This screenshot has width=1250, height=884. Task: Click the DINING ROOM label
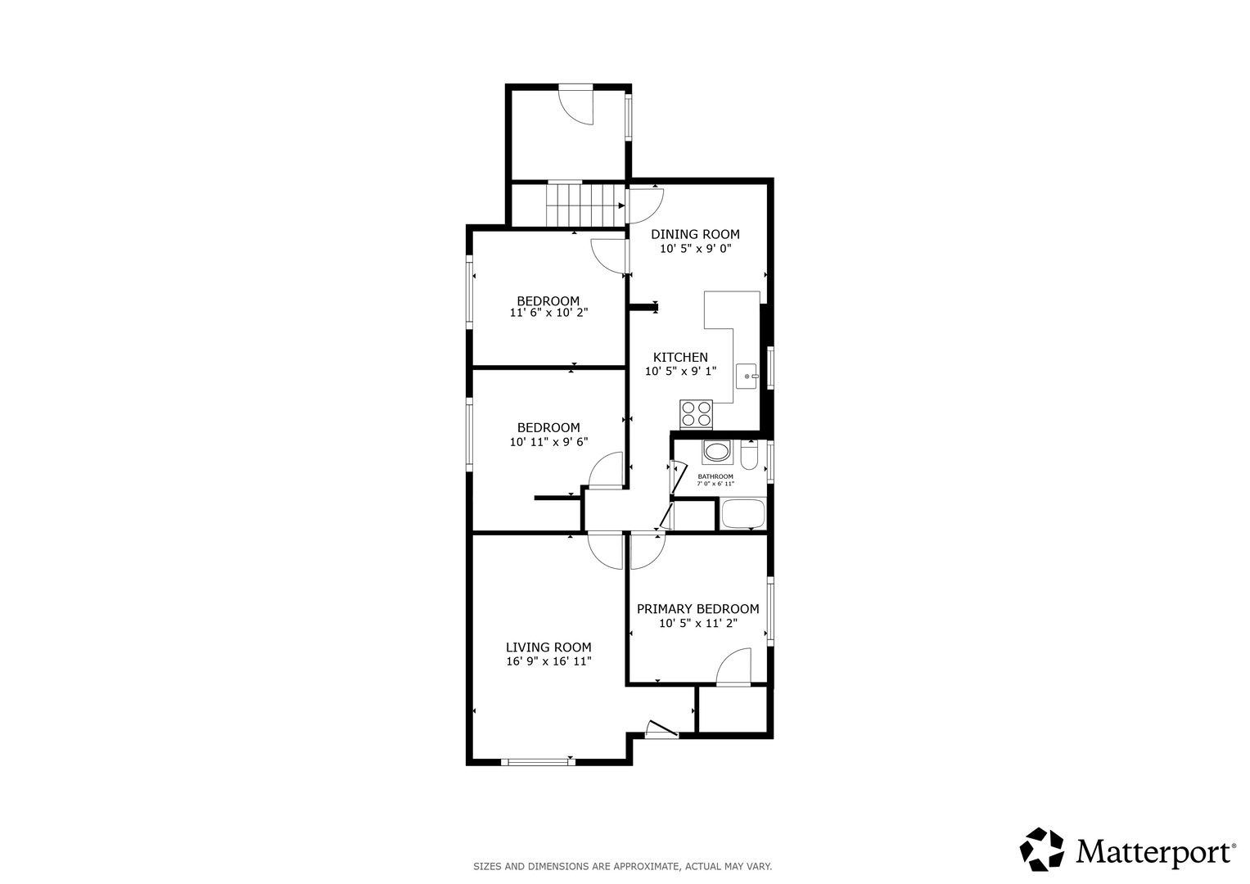click(695, 234)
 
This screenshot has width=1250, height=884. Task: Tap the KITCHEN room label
click(680, 357)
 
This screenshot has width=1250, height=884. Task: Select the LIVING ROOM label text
click(548, 647)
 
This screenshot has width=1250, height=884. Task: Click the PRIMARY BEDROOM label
click(697, 609)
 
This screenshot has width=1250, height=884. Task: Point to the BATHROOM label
click(715, 476)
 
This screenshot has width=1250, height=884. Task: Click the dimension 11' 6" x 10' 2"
click(548, 313)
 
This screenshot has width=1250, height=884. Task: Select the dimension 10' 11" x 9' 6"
click(548, 442)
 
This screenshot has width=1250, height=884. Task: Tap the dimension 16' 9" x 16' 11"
click(548, 661)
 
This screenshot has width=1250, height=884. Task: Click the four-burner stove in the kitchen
click(696, 413)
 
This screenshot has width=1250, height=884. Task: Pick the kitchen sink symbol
click(747, 377)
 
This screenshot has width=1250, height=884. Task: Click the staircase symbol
click(580, 204)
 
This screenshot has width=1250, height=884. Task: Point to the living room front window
click(537, 762)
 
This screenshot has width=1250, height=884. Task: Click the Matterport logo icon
click(1042, 850)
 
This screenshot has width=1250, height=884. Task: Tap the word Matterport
click(1154, 851)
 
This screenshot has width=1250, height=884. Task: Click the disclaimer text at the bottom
click(622, 866)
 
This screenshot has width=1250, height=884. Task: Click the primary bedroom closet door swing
click(734, 666)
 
